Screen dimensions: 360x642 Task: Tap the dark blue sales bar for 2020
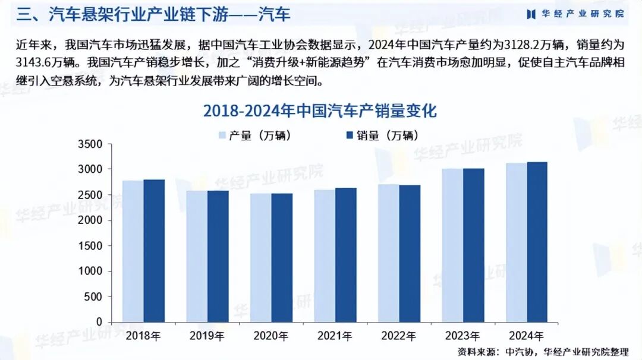pyautogui.click(x=282, y=258)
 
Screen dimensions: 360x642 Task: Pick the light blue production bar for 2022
pyautogui.click(x=388, y=253)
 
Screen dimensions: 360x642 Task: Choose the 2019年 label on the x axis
pyautogui.click(x=207, y=336)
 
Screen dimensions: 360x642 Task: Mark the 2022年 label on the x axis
pyautogui.click(x=399, y=336)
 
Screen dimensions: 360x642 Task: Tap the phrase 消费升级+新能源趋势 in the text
pyautogui.click(x=321, y=62)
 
